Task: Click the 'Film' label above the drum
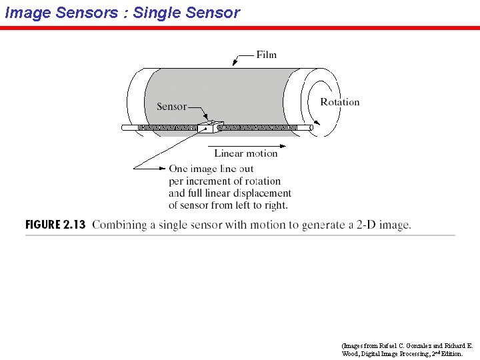pos(266,55)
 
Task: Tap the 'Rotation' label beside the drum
pos(339,102)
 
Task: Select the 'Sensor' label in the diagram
pos(171,107)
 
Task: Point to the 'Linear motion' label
pos(245,153)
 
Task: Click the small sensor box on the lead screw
pos(206,127)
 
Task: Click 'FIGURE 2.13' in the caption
pos(55,225)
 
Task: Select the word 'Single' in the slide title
pos(156,13)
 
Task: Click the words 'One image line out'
pos(211,169)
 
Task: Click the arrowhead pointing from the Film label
pos(235,64)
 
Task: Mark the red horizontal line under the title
pos(240,28)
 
